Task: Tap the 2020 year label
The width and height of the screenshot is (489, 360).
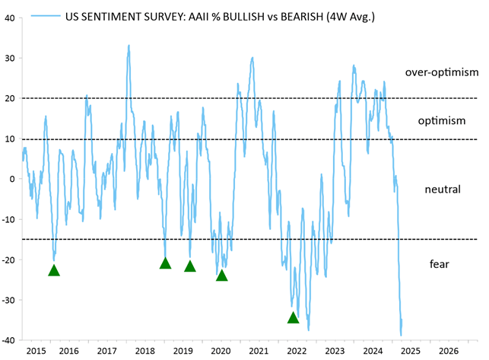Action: coord(221,351)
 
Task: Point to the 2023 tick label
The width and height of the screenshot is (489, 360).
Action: coord(335,351)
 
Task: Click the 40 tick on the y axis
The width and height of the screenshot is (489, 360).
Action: coord(10,18)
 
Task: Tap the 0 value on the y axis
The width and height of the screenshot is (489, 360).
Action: coord(12,179)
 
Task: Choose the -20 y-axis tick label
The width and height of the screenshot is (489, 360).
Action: coord(8,260)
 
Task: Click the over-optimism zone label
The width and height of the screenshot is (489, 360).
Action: coord(441,73)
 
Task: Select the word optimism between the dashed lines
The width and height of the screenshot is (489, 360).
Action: coord(441,121)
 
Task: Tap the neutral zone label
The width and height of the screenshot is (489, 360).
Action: coord(442,188)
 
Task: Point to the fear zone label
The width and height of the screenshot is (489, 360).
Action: coord(440,264)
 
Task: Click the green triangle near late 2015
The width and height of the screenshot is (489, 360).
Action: coord(54,270)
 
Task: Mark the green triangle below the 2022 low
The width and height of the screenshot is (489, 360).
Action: coord(294,317)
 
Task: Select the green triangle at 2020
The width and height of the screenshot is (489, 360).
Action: coord(222,275)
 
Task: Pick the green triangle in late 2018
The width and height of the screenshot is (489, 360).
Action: coord(165,263)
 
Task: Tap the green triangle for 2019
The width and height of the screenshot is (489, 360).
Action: coord(190,266)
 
